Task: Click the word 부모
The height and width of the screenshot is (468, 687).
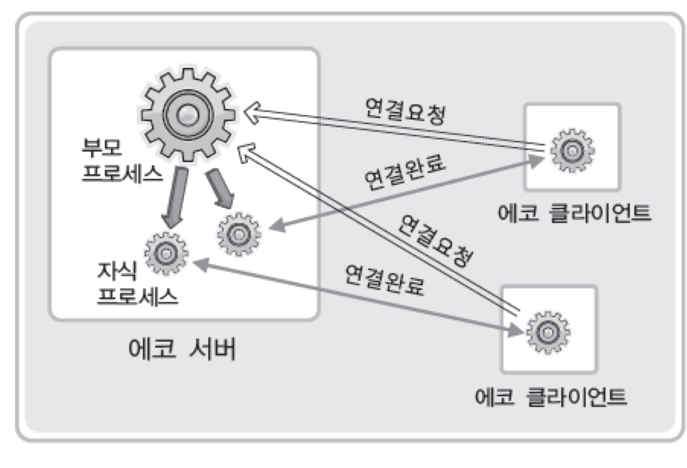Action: (x=102, y=147)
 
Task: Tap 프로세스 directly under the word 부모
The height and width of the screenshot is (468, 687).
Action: (x=122, y=173)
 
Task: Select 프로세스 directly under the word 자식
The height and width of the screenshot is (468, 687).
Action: (x=137, y=296)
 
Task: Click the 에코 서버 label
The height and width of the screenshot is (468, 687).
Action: (x=182, y=349)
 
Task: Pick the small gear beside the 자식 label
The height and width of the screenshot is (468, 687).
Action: (x=166, y=254)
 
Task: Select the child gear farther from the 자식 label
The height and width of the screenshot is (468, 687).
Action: (x=239, y=234)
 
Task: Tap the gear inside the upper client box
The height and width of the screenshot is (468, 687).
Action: (x=572, y=151)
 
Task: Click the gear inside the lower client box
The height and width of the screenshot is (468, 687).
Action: (x=548, y=333)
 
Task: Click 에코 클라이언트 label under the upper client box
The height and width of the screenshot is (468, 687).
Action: (x=574, y=213)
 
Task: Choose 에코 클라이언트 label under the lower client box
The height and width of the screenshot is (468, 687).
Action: (x=551, y=397)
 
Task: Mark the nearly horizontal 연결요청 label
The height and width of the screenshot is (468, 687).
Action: (x=406, y=111)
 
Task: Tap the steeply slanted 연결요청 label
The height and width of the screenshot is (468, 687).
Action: (x=435, y=241)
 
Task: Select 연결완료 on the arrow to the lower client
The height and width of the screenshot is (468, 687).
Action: (x=384, y=280)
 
